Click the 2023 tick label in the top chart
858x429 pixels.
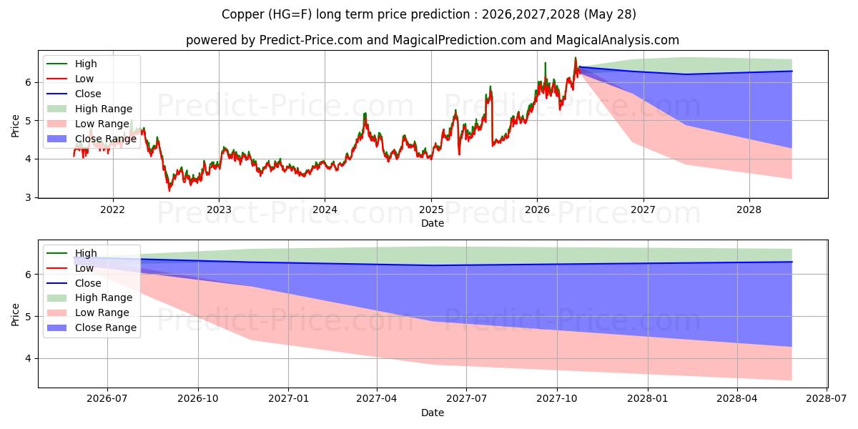[x=219, y=210]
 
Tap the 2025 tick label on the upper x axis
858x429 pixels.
[x=431, y=210]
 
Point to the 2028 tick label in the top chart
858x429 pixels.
[x=749, y=210]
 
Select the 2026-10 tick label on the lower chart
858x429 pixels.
[x=198, y=399]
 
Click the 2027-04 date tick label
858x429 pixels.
[x=377, y=399]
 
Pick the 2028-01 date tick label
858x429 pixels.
[x=648, y=399]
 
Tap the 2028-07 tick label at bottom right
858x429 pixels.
[x=827, y=399]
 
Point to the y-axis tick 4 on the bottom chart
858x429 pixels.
[x=28, y=358]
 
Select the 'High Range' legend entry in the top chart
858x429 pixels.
[x=89, y=109]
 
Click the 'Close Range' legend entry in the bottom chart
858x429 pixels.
[x=92, y=328]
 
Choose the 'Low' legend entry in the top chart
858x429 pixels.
[x=70, y=79]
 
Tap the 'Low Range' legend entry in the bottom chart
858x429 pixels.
[x=88, y=313]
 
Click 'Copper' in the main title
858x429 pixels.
[x=243, y=14]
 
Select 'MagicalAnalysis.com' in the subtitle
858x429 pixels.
[x=618, y=40]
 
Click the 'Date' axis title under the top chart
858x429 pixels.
[x=433, y=223]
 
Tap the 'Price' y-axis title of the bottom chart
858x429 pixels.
[x=15, y=315]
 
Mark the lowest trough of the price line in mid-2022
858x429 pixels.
[x=169, y=190]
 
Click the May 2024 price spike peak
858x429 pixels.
[x=365, y=114]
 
